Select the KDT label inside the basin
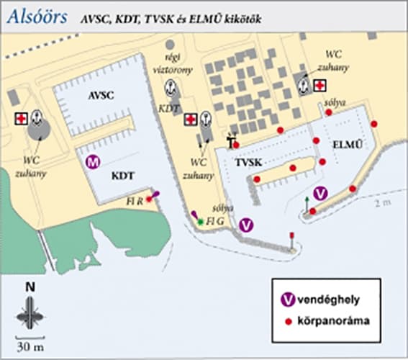tap(124, 175)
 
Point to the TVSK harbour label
tap(248, 163)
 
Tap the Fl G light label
tap(214, 222)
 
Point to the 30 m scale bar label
tap(30, 347)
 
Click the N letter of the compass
tap(30, 286)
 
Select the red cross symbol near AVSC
tap(22, 118)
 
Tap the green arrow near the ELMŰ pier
tap(307, 202)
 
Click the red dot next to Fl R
tap(150, 199)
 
